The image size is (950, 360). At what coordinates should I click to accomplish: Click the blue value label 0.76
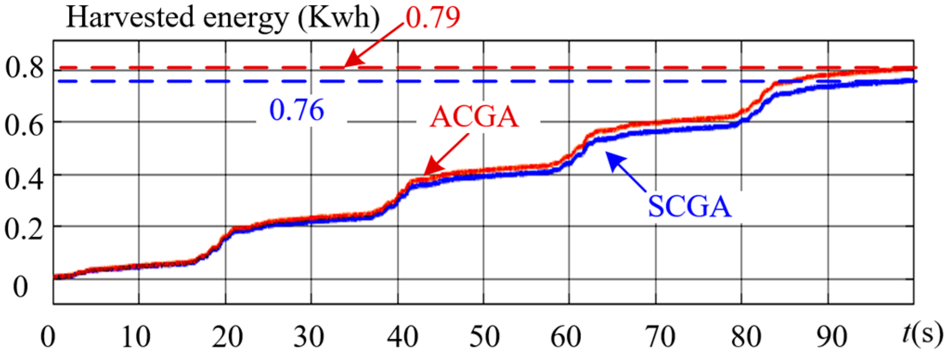click(x=297, y=110)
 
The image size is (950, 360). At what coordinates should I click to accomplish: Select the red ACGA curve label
click(x=474, y=117)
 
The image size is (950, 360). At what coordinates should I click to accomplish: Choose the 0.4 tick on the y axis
click(x=24, y=178)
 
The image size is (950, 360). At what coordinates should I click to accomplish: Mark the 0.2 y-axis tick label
click(x=24, y=229)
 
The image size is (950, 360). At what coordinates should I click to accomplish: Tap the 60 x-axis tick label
click(x=566, y=337)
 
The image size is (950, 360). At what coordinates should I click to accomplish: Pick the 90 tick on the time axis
click(x=832, y=337)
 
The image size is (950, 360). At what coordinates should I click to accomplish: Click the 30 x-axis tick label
click(x=309, y=337)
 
